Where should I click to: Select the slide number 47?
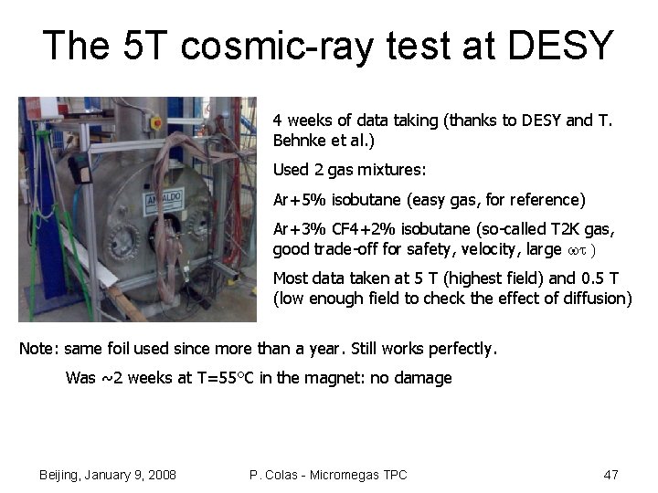tap(611, 475)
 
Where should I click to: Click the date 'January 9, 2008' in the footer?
tap(134, 475)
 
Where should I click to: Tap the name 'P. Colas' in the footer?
tap(276, 475)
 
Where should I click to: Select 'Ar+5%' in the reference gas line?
tap(295, 200)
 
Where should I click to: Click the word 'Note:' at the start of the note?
tap(37, 349)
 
